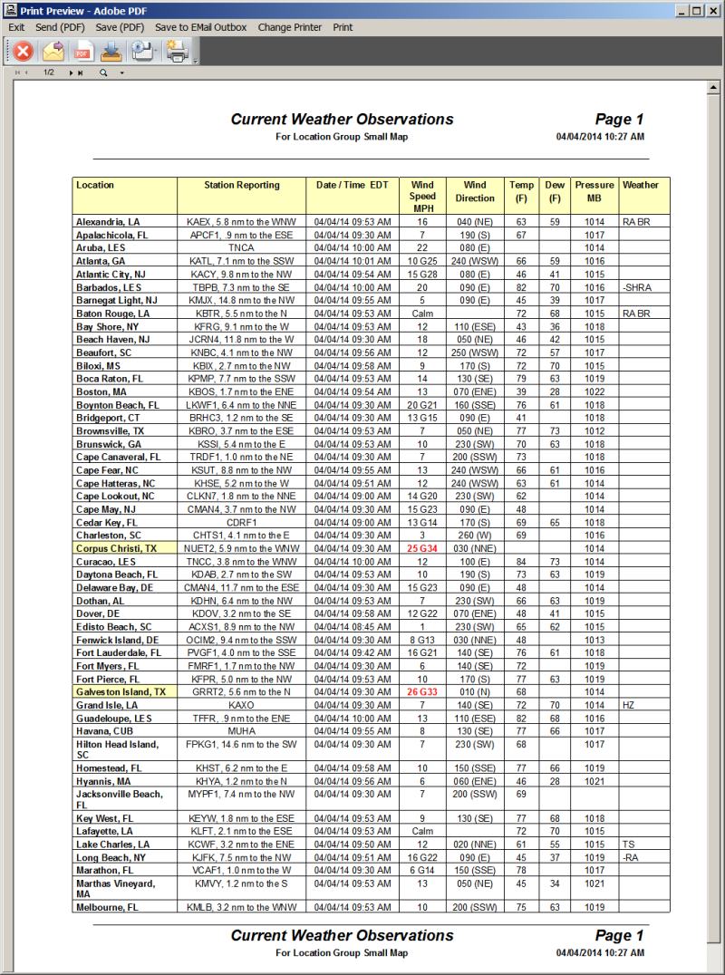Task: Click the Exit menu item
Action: (x=16, y=27)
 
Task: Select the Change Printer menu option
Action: (x=289, y=27)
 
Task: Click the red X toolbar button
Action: (x=23, y=52)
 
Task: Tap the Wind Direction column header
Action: (x=475, y=191)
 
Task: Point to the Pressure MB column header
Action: (x=594, y=191)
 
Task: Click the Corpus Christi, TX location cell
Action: (x=116, y=548)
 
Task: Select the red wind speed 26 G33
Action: (x=421, y=691)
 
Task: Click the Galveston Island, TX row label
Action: (x=121, y=691)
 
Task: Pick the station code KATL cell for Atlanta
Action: (x=241, y=260)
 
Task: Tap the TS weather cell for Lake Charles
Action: (x=629, y=844)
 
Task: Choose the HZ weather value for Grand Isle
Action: (x=629, y=704)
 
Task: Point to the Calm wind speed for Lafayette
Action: (x=422, y=831)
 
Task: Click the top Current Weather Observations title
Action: (x=342, y=120)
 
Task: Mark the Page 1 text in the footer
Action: (x=619, y=935)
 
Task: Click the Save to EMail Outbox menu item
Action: (x=200, y=27)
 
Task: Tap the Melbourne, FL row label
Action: (x=107, y=906)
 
